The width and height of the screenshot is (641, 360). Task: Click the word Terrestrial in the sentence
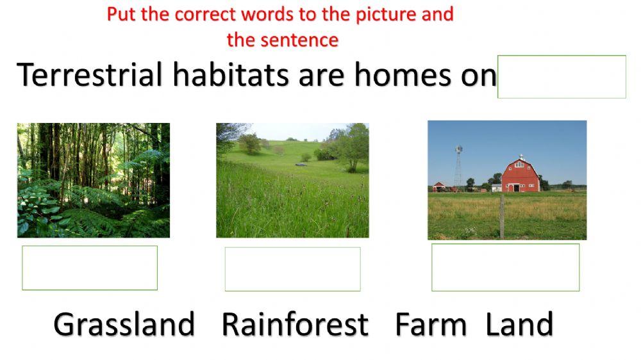click(x=90, y=76)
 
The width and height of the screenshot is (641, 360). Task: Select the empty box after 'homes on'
click(x=562, y=77)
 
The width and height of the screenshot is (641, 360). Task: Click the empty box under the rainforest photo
click(x=90, y=268)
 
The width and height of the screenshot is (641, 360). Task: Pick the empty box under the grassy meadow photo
click(x=292, y=269)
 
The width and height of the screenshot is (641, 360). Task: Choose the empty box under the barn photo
click(x=505, y=267)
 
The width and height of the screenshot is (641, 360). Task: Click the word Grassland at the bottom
click(x=124, y=324)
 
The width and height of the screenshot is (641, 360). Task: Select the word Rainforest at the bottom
click(x=295, y=324)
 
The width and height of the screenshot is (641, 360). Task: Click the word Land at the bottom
click(x=519, y=324)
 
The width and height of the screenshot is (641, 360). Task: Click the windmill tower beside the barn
click(x=458, y=167)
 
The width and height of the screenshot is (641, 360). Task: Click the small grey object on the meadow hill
click(x=300, y=165)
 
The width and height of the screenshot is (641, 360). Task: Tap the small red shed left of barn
click(x=439, y=186)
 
